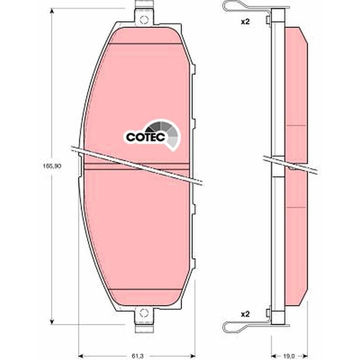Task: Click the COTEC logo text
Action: [x=145, y=137]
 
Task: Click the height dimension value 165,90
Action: [x=52, y=166]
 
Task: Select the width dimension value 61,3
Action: [x=138, y=356]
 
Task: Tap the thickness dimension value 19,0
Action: [x=288, y=356]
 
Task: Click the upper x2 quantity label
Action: [x=245, y=22]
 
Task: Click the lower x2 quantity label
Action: [x=245, y=314]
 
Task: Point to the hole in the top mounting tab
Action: [x=144, y=20]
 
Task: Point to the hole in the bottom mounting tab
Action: [x=144, y=313]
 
